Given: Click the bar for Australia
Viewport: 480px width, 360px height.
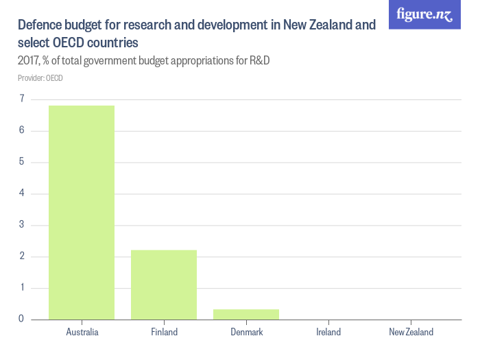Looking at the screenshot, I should click(82, 213).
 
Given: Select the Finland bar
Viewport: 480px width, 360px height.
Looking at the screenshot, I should click(164, 285).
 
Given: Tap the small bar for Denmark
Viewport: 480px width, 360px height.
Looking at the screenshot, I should click(246, 314).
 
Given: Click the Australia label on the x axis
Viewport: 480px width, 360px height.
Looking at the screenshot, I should click(82, 332).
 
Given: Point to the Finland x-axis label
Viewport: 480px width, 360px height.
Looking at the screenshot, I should click(164, 332).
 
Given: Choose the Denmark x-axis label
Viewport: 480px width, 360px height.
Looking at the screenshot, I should click(246, 332).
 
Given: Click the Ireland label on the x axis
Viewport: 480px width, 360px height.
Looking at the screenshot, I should click(328, 332).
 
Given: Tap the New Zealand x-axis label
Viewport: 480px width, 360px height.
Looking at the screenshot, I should click(411, 332).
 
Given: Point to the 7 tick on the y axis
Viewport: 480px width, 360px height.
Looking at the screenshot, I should click(22, 99).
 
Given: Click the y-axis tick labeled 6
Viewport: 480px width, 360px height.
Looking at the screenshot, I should click(22, 130).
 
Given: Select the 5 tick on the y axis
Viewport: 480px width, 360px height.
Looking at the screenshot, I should click(22, 162).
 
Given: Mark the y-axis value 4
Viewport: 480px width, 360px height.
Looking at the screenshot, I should click(22, 193).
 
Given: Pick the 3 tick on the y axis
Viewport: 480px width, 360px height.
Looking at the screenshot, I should click(22, 225).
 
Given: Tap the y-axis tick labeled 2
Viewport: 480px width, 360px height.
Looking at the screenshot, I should click(22, 256).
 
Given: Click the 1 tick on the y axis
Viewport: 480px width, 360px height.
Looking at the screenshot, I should click(22, 288).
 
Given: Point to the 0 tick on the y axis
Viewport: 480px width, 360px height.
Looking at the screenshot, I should click(22, 319).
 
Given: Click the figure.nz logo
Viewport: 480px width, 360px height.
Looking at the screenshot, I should click(424, 14).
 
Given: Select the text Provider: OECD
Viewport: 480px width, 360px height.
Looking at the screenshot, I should click(40, 78).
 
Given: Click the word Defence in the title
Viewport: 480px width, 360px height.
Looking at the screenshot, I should click(40, 25).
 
